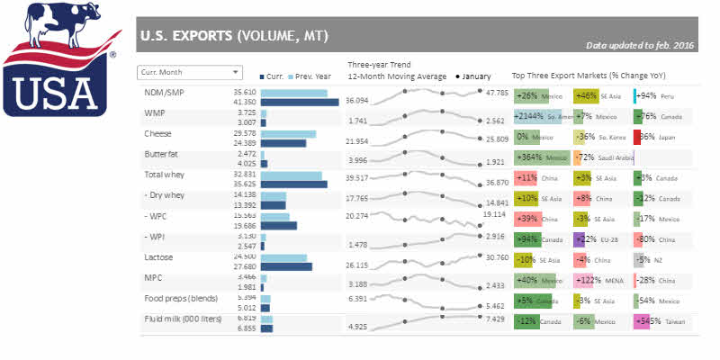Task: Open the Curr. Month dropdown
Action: coord(190,71)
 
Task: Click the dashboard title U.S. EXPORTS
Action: coord(232,37)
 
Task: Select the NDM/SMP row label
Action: coord(164,92)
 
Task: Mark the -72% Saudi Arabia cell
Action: coord(601,157)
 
